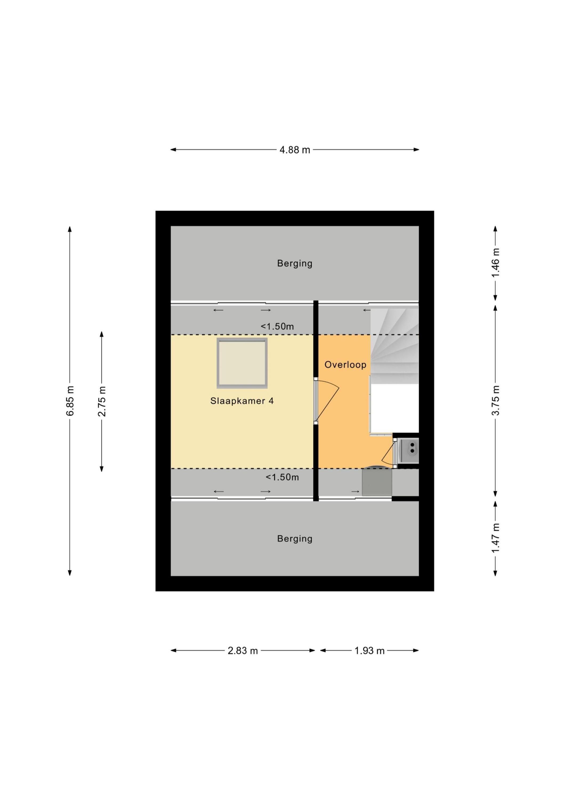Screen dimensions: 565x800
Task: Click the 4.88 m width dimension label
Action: [x=294, y=150]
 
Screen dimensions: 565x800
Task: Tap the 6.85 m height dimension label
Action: [x=70, y=401]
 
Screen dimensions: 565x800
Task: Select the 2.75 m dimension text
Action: [x=102, y=401]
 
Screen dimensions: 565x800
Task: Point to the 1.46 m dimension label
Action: [x=495, y=263]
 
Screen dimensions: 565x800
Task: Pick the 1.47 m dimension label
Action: [x=495, y=538]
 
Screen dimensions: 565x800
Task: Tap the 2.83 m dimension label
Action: [x=243, y=650]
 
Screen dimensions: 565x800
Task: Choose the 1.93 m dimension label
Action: [x=369, y=650]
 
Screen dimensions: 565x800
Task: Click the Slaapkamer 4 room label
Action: [x=242, y=401]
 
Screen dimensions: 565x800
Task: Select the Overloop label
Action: [x=345, y=365]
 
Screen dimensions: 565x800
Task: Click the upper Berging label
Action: [x=294, y=263]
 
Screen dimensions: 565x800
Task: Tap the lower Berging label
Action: [x=294, y=539]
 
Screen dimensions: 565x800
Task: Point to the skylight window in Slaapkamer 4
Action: [x=242, y=363]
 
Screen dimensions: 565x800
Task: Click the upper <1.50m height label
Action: [x=277, y=326]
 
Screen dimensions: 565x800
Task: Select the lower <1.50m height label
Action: [x=282, y=477]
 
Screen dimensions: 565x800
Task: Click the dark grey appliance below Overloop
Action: [x=377, y=482]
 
